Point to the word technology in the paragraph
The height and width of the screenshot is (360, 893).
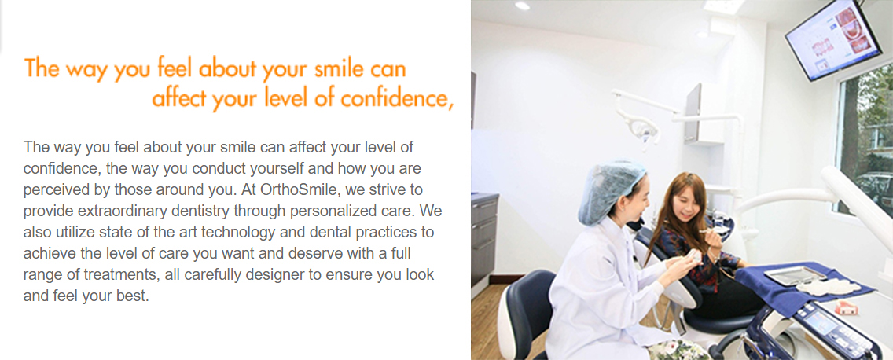point(252,233)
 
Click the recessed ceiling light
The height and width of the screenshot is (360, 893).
point(522,6)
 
